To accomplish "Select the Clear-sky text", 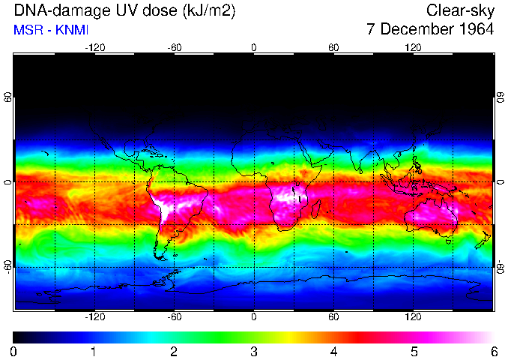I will coord(460,11).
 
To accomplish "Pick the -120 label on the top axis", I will coord(94,48).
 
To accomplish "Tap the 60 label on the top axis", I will coord(333,48).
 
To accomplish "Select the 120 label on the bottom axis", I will coord(413,317).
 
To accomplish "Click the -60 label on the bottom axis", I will coord(174,317).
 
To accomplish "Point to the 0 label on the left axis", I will coord(7,182).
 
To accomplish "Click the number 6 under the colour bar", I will coord(494,350).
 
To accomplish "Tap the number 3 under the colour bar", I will coord(253,350).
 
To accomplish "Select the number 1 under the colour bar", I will coord(93,350).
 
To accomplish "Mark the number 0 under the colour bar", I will coord(13,350).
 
